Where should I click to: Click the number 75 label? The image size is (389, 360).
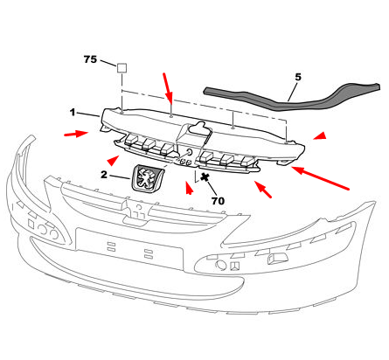[90, 59]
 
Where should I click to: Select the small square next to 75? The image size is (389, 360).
[122, 68]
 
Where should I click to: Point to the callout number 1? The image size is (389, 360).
[73, 112]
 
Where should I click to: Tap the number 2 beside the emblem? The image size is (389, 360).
[104, 175]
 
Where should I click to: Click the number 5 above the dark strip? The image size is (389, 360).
[298, 77]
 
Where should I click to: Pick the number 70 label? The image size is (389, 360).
[218, 201]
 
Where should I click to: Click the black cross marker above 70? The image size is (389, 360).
[205, 177]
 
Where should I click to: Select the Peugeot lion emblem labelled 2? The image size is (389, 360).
[148, 178]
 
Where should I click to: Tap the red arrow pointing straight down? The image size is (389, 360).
[168, 87]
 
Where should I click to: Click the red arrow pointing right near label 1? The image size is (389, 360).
[76, 134]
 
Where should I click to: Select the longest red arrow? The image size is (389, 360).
[320, 178]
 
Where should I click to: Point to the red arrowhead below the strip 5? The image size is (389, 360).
[320, 135]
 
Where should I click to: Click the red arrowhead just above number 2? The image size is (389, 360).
[113, 161]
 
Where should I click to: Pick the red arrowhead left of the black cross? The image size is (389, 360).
[189, 188]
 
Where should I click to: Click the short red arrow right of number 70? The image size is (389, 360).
[263, 190]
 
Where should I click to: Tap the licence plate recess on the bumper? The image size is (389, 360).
[129, 248]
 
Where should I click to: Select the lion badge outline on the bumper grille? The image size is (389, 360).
[137, 212]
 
